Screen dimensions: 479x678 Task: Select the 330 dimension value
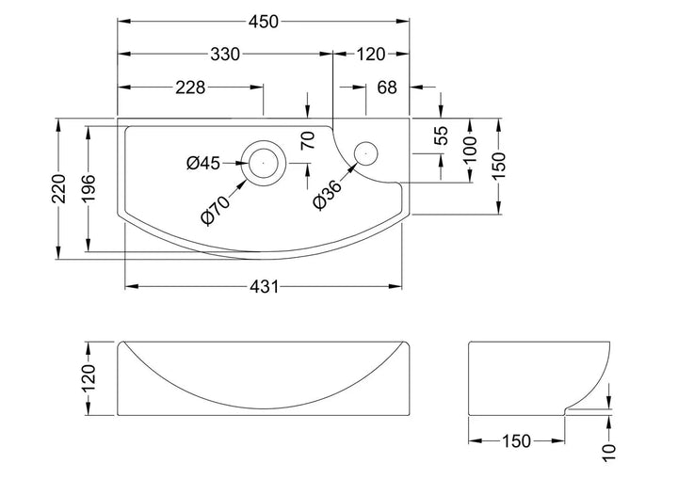(x=224, y=55)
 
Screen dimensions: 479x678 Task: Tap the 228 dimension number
(x=191, y=88)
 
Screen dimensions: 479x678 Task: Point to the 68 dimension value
(x=387, y=88)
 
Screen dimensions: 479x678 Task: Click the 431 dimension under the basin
(x=265, y=287)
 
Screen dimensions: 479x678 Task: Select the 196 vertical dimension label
(x=89, y=189)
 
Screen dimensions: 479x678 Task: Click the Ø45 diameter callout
(x=203, y=163)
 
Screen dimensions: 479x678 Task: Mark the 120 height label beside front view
(x=89, y=377)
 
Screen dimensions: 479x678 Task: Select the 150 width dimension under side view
(x=516, y=440)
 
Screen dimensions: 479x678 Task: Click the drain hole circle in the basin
(x=263, y=161)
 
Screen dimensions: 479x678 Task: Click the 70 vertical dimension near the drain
(x=307, y=141)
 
